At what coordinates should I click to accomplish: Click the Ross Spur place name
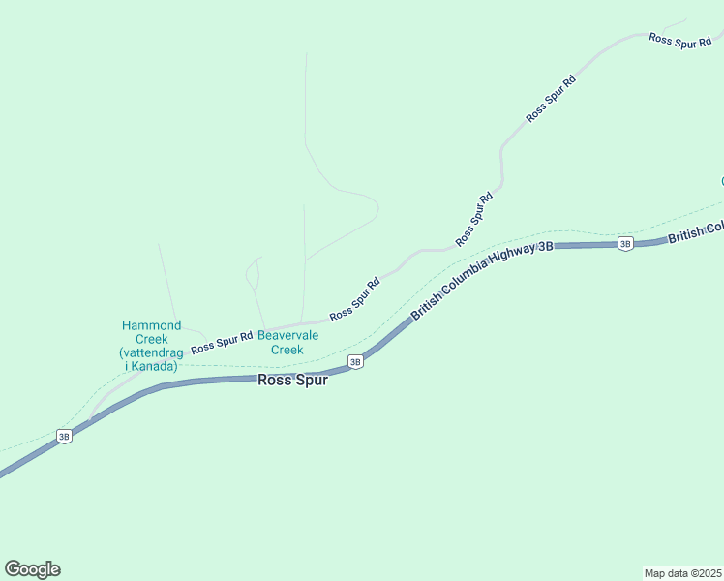coord(292,381)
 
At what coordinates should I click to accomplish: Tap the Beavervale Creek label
coord(287,343)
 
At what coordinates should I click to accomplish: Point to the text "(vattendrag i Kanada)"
coord(148,360)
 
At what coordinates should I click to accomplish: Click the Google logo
coord(32,569)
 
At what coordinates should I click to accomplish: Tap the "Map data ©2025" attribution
coord(681,573)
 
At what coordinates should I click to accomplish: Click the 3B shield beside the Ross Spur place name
coord(355,362)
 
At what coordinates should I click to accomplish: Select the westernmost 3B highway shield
coord(64,437)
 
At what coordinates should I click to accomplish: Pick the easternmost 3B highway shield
coord(625,244)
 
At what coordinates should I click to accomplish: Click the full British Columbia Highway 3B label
coord(482,280)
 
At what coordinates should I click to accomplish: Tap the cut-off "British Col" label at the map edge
coord(695,233)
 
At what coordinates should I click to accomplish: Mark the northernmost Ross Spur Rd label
coord(680,40)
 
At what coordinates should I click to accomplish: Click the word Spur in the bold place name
coord(312,381)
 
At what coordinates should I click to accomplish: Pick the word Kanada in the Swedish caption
coord(156,367)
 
